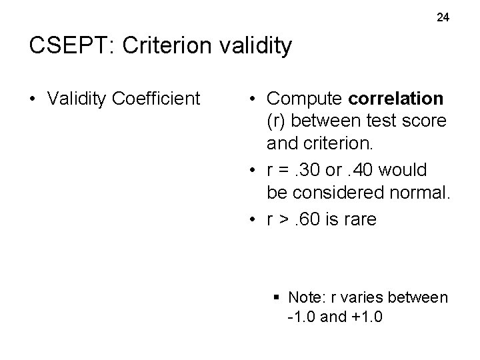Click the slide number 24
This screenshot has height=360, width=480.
(x=443, y=17)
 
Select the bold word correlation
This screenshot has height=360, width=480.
(x=396, y=99)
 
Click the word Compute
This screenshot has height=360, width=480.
(x=305, y=99)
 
